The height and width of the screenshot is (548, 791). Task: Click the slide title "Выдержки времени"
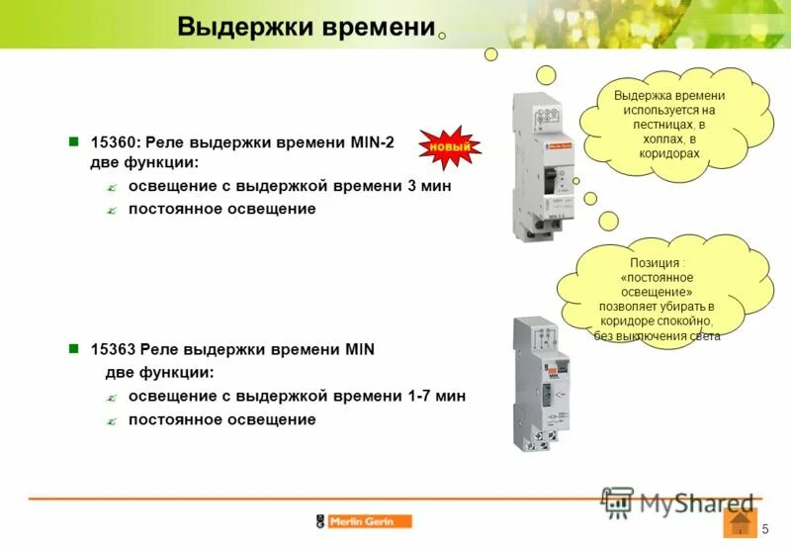[x=307, y=28]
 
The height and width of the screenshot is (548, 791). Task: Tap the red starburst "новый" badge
[x=448, y=148]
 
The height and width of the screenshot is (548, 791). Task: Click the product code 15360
[x=109, y=142]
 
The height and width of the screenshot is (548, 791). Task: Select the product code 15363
[x=109, y=349]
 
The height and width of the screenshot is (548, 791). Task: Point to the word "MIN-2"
[x=372, y=142]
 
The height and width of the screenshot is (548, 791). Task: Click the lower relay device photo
[x=536, y=384]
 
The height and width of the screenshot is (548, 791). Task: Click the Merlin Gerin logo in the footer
[x=363, y=521]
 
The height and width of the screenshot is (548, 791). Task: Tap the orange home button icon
[x=740, y=523]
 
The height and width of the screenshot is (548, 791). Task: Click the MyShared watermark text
[x=696, y=502]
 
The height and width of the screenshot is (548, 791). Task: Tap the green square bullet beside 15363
[x=72, y=349]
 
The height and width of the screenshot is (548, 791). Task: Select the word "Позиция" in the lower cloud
[x=656, y=263]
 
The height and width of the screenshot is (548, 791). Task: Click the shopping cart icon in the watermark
[x=617, y=502]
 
